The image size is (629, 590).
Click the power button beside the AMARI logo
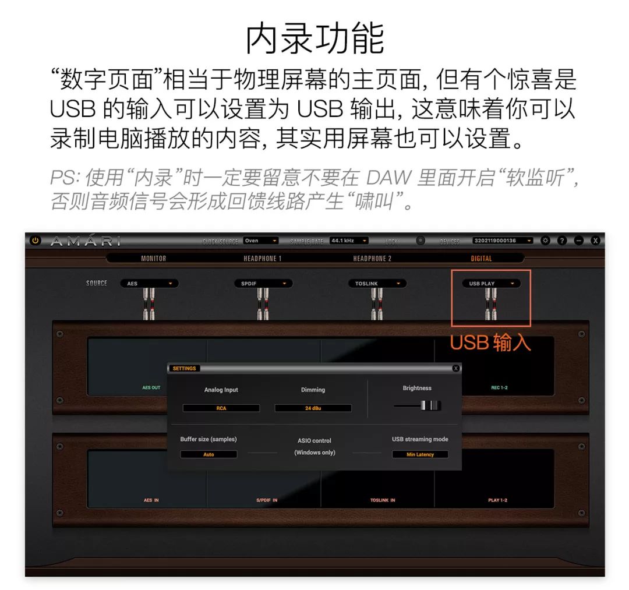[36, 240]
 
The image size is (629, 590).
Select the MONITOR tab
[153, 259]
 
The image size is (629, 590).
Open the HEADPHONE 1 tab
[262, 259]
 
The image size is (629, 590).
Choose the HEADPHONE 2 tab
[372, 259]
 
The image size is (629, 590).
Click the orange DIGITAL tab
[481, 259]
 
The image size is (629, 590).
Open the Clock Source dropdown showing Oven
[260, 241]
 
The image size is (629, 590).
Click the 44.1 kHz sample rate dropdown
[349, 241]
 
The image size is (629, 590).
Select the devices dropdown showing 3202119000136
[502, 241]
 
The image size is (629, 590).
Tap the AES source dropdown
[149, 284]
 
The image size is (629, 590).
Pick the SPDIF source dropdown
[263, 284]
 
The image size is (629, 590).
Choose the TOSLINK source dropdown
[377, 284]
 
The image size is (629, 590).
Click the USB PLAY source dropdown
[491, 284]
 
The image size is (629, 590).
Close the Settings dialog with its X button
[455, 368]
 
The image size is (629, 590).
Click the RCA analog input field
[221, 408]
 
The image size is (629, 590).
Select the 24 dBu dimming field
[313, 408]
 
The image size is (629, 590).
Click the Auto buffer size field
[209, 454]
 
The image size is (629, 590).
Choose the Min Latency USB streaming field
[420, 454]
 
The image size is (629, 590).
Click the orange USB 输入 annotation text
[490, 342]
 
